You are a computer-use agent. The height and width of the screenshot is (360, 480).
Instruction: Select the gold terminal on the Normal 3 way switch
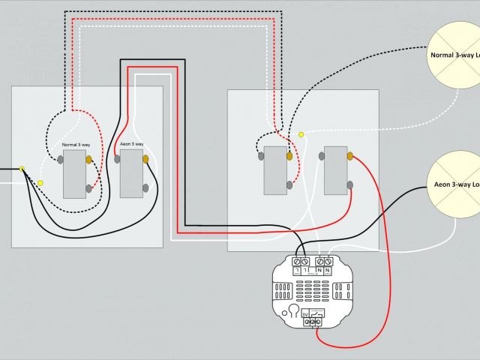pyautogui.click(x=89, y=159)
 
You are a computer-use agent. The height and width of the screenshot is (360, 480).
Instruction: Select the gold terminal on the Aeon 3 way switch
pyautogui.click(x=146, y=159)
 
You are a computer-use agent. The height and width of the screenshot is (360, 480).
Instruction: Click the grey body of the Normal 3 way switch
pyautogui.click(x=74, y=174)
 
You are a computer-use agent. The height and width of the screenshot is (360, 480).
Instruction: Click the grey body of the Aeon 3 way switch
pyautogui.click(x=131, y=174)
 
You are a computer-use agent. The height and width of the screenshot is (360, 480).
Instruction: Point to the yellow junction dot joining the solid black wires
pyautogui.click(x=22, y=169)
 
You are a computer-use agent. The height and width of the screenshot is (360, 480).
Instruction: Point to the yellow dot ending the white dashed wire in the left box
pyautogui.click(x=40, y=182)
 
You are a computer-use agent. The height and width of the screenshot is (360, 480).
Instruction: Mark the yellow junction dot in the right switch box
pyautogui.click(x=301, y=135)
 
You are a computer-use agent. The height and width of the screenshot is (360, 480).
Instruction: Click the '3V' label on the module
pyautogui.click(x=305, y=315)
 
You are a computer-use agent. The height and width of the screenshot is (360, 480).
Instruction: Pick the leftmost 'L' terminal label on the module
pyautogui.click(x=298, y=269)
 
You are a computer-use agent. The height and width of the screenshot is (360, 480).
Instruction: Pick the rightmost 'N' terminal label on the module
pyautogui.click(x=329, y=269)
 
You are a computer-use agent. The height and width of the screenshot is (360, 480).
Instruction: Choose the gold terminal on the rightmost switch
pyautogui.click(x=349, y=156)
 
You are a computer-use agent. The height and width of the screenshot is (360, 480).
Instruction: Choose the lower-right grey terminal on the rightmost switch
pyautogui.click(x=349, y=183)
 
